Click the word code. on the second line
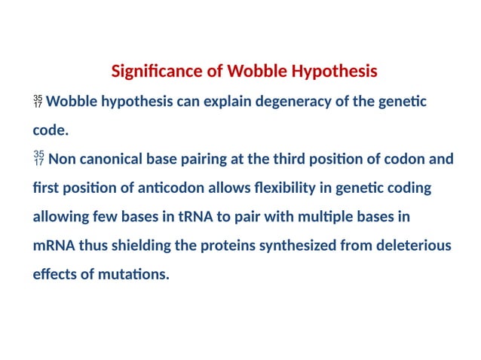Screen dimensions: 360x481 pos(51,130)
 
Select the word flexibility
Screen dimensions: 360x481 pos(257,188)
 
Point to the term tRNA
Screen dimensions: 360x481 pos(195,216)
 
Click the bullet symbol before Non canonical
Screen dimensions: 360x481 pos(38,159)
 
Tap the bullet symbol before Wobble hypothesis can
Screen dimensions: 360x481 pos(38,102)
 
